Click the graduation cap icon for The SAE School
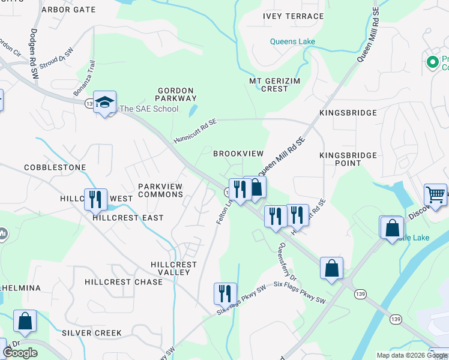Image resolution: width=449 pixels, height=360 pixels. pyautogui.click(x=104, y=102)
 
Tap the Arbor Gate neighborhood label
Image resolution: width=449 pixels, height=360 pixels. pyautogui.click(x=68, y=10)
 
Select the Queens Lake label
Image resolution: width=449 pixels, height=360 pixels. pyautogui.click(x=292, y=42)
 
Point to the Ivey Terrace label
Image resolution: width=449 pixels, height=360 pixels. pyautogui.click(x=294, y=17)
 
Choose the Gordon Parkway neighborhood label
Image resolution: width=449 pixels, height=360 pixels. pyautogui.click(x=176, y=94)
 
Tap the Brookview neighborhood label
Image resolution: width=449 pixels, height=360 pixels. pyautogui.click(x=238, y=154)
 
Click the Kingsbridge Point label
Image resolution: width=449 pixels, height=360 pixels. pyautogui.click(x=348, y=160)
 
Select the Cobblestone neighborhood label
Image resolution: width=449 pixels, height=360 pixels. pyautogui.click(x=55, y=167)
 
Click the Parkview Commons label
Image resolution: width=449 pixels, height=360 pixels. pyautogui.click(x=160, y=190)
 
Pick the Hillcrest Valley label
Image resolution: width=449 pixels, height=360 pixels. pyautogui.click(x=173, y=268)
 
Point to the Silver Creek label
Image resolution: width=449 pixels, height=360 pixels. pyautogui.click(x=92, y=333)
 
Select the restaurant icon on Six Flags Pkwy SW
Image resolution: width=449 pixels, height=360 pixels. pyautogui.click(x=225, y=293)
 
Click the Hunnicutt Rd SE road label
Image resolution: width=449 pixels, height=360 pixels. pyautogui.click(x=194, y=130)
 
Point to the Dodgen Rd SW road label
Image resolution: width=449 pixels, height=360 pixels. pyautogui.click(x=34, y=53)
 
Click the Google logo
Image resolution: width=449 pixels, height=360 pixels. pyautogui.click(x=20, y=353)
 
